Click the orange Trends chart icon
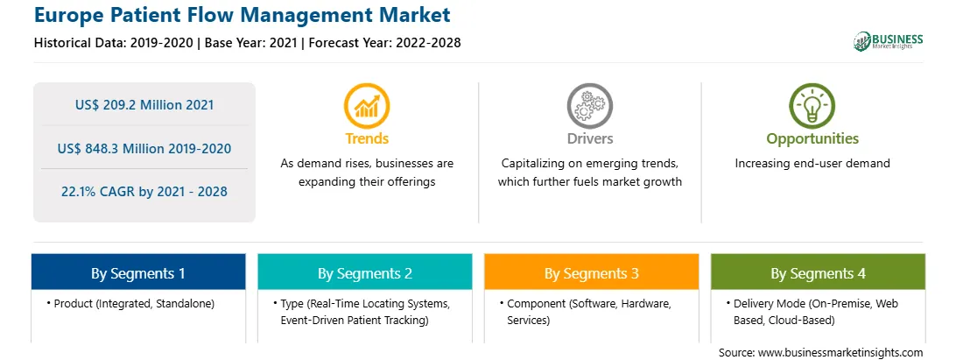(x=367, y=106)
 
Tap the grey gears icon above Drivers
(x=589, y=106)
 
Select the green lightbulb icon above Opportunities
(x=812, y=106)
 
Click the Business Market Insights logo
(x=888, y=41)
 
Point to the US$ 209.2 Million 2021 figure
(x=144, y=104)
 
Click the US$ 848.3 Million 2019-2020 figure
(x=144, y=148)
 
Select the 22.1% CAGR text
(x=144, y=192)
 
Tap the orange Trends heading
(x=367, y=138)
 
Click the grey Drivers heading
(x=589, y=138)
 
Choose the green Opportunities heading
(x=812, y=139)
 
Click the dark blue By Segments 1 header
(x=138, y=272)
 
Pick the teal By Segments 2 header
(x=364, y=272)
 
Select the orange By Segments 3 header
(x=592, y=272)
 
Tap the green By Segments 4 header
(x=819, y=272)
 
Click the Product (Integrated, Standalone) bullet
(x=130, y=303)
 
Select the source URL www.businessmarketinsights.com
(x=840, y=353)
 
